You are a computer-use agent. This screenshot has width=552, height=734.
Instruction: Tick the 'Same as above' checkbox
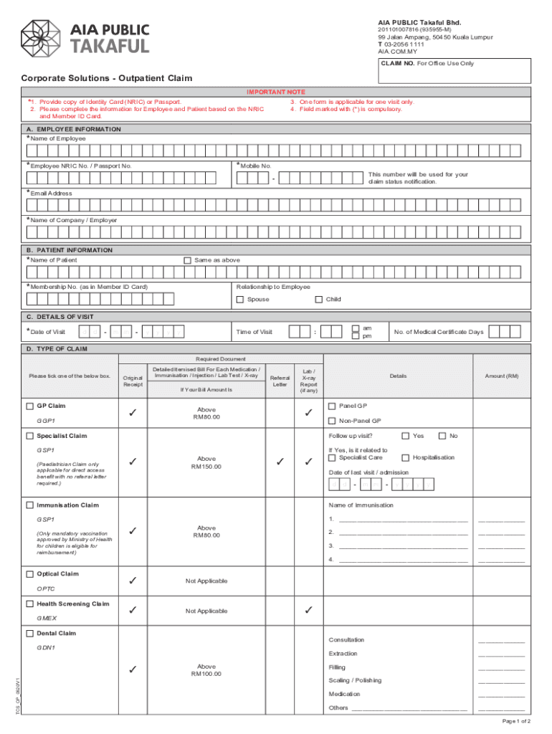pos(188,260)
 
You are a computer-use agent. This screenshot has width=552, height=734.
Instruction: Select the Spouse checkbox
pos(240,300)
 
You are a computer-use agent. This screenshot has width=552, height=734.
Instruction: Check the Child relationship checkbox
pos(319,300)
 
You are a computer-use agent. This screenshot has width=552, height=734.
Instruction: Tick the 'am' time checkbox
pos(356,328)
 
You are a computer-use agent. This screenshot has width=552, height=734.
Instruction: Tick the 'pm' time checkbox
pos(356,335)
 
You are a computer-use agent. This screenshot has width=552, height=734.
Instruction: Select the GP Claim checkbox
pos(29,406)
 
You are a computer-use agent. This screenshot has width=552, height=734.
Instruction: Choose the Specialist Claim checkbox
pos(29,436)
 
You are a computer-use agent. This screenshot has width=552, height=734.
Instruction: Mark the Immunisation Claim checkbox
pos(29,505)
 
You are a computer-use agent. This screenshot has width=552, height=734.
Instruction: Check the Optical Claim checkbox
pos(29,574)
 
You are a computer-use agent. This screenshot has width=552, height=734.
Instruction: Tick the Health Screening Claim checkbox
pos(29,604)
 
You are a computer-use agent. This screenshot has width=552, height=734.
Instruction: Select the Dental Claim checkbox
pos(29,634)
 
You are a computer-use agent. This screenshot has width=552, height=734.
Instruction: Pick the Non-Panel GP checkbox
pos(332,421)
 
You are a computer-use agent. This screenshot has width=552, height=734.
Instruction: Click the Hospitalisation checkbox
pos(406,457)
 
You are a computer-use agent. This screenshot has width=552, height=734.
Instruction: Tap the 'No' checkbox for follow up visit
pos(442,436)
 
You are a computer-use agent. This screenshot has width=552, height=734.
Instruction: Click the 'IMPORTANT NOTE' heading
pos(276,92)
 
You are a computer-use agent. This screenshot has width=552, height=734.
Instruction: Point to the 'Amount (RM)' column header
pos(501,376)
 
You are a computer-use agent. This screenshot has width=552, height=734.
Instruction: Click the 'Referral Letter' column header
pos(280,380)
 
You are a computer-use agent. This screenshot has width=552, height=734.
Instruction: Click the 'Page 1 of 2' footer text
pos(517,721)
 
